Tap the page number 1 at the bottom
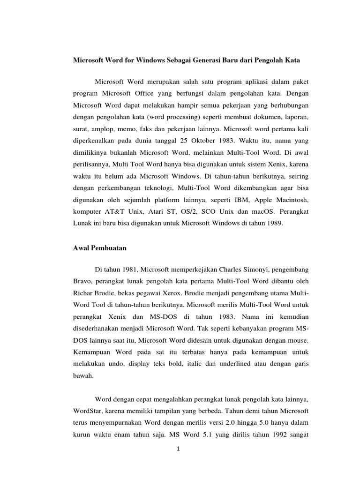coord(180,448)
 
